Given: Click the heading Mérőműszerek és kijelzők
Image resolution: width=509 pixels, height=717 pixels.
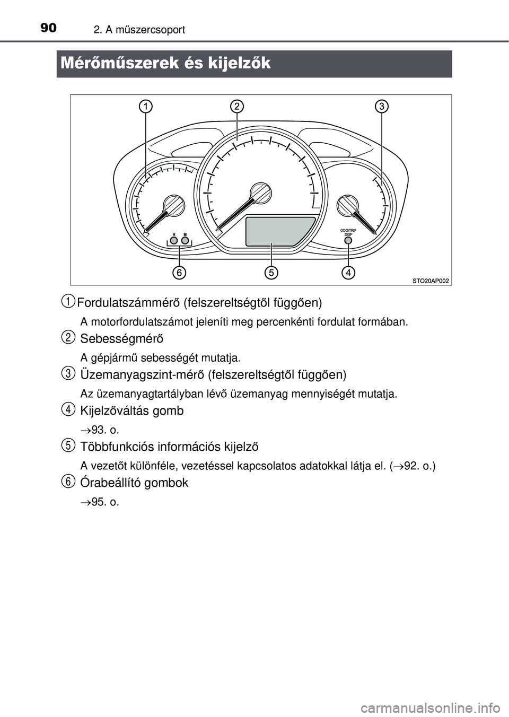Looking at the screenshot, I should pos(165,64).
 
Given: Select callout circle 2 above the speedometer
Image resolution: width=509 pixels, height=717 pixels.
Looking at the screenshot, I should pos(237,106).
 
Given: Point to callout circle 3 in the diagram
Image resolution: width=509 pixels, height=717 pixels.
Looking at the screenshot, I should pos(381,106).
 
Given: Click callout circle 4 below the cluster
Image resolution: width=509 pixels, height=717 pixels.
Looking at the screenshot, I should pos(348,273).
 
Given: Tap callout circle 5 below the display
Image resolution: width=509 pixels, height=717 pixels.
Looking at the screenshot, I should pos(271,273).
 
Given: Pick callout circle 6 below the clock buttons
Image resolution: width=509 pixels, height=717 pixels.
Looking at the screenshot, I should pos(179,273).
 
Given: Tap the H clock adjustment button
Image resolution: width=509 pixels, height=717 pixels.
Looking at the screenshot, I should pos(174,240).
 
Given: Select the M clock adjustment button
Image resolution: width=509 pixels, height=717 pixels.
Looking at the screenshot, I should pos(185,240).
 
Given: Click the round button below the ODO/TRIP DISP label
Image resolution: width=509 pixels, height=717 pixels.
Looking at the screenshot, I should pos(348,241).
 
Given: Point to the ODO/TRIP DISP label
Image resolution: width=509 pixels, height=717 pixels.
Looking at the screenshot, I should pos(348,232).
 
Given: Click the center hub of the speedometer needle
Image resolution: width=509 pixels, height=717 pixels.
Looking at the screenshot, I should pos(260,193).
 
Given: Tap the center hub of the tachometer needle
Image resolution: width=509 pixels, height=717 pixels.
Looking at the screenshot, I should pos(173,205).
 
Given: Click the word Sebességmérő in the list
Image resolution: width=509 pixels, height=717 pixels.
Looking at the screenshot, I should pos(121,338).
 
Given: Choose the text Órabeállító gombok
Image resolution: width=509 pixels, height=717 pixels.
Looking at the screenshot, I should pos(134,483).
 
